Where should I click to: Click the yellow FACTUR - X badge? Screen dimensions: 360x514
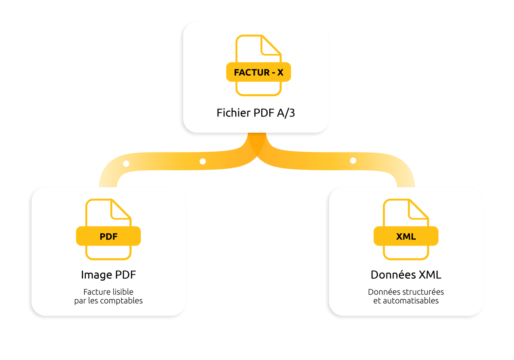[258, 72]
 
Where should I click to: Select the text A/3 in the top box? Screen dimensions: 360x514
[286, 113]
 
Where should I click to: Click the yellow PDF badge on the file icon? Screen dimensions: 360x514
[108, 236]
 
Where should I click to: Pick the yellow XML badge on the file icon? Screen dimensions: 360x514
[406, 236]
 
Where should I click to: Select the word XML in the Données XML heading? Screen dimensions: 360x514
[430, 275]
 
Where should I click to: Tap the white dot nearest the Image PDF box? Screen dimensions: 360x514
[126, 164]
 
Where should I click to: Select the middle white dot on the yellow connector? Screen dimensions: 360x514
[203, 161]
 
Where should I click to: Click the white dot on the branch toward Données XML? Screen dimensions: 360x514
[353, 161]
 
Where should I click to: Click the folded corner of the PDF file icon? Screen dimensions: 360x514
[120, 210]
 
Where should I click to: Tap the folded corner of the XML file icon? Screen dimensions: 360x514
[417, 210]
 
